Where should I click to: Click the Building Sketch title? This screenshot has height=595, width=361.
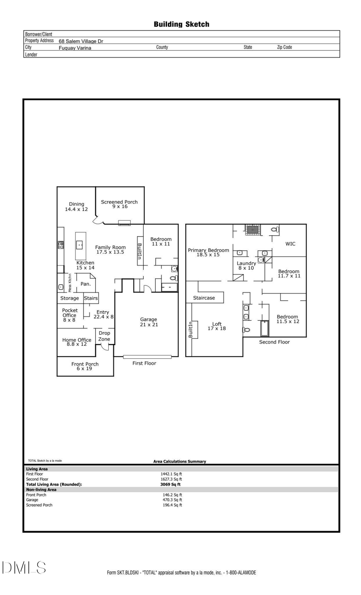coord(181,24)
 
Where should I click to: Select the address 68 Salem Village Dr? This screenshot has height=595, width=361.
coord(81,41)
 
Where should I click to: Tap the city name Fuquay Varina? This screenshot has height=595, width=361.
coord(75,48)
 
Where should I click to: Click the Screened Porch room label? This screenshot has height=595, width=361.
coord(119,204)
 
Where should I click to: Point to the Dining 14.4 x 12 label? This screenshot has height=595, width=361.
coord(76,206)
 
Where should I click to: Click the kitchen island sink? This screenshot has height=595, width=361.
coord(80,245)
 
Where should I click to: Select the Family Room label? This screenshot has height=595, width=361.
coord(110,249)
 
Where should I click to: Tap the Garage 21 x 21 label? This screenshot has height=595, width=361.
coord(149,322)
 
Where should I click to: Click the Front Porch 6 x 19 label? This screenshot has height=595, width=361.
coord(85,366)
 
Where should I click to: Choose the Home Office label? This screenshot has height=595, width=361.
coord(77,342)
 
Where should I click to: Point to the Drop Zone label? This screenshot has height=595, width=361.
coord(104,336)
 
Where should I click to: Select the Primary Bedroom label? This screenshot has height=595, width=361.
coord(208,252)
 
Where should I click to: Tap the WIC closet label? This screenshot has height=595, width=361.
coord(290,244)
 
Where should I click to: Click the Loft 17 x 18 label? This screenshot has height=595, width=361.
coord(217,326)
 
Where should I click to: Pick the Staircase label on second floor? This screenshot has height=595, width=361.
coord(204,298)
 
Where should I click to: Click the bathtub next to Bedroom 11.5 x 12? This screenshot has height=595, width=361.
coord(264,328)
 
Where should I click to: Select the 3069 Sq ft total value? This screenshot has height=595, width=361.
coord(170,484)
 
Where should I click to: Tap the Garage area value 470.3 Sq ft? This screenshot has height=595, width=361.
coord(172,500)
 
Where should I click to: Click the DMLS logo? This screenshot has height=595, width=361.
coord(24,567)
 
